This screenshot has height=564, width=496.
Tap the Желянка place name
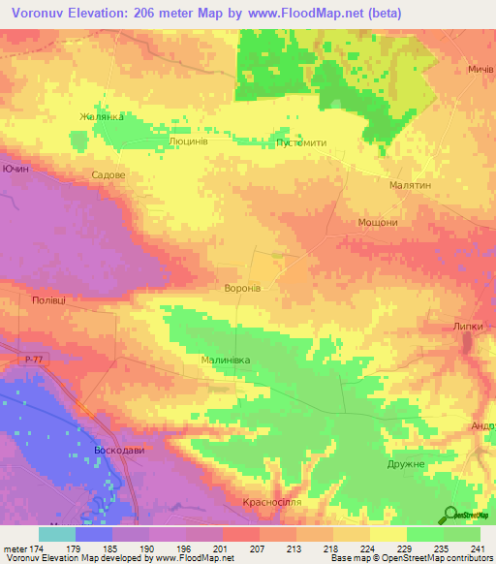point(102,117)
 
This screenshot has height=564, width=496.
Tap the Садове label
point(108,176)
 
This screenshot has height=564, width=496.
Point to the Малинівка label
point(225,360)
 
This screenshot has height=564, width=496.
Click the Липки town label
point(467,327)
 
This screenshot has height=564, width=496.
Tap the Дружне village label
point(405,464)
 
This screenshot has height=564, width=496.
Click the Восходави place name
point(119,452)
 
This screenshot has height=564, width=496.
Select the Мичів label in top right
point(480,70)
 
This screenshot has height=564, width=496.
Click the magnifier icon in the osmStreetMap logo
point(449,515)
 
